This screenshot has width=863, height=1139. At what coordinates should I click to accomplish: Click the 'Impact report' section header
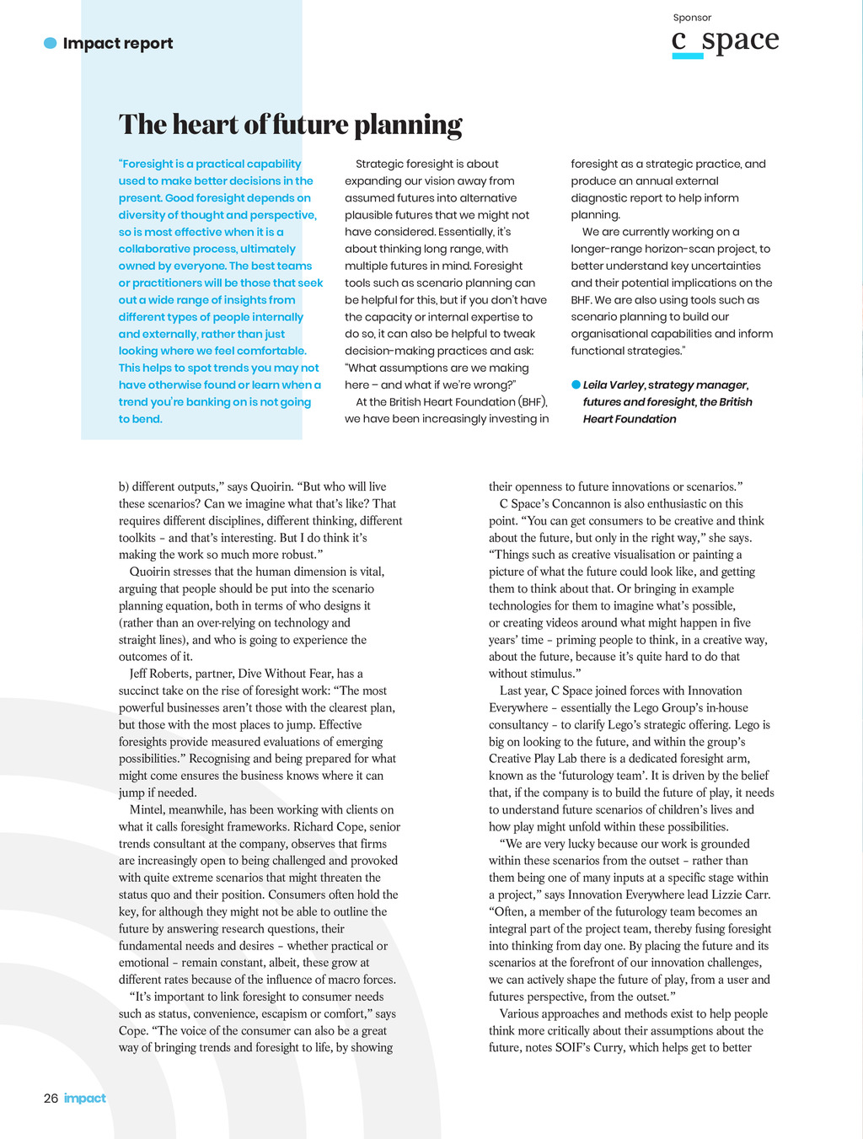117,43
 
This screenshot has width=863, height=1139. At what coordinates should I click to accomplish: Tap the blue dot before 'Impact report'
51,43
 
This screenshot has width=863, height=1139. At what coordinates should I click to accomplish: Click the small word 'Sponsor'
692,18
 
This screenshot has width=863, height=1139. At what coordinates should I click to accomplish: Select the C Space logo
725,40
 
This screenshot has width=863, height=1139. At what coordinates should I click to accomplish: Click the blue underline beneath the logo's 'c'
688,56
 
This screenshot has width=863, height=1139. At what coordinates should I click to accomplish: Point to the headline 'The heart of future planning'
290,125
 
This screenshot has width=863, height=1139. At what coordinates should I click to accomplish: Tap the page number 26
51,1098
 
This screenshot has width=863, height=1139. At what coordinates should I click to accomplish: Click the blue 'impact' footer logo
85,1098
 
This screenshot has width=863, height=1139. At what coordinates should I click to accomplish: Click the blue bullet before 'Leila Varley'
576,384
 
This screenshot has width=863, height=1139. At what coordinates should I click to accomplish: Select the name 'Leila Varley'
614,384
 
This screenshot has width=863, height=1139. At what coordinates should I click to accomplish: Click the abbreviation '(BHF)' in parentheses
533,401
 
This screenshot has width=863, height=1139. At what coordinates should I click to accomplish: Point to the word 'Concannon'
581,503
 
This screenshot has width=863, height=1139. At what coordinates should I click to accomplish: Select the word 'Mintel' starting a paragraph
147,809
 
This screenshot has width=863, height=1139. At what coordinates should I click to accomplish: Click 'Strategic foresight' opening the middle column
408,164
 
